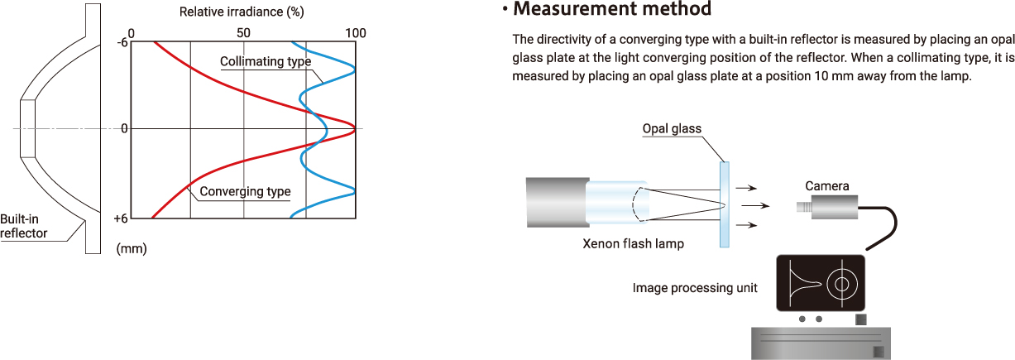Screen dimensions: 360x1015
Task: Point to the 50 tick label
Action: coord(243,33)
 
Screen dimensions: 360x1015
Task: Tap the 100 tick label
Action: coord(356,33)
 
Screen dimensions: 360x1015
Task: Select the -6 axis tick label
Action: coord(122,43)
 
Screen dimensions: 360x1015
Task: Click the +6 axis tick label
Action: coord(122,218)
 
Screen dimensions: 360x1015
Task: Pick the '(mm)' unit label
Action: coord(132,247)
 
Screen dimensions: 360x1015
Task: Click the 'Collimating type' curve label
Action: coord(266,62)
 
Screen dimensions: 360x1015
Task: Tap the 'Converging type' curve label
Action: coord(245,191)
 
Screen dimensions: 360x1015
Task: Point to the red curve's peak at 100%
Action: coord(354,128)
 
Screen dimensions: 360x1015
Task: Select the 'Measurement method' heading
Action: coord(611,10)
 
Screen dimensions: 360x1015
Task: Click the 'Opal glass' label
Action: coord(672,128)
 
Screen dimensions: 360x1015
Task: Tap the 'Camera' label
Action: coord(827,186)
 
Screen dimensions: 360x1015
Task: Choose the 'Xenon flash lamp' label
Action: coord(634,244)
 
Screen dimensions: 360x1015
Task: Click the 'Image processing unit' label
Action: coord(695,288)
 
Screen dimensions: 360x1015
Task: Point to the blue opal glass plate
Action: coord(725,204)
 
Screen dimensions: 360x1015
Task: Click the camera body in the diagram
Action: coord(834,207)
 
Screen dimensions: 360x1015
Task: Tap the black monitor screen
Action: coord(821,282)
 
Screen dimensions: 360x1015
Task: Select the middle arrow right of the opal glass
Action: coord(751,205)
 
